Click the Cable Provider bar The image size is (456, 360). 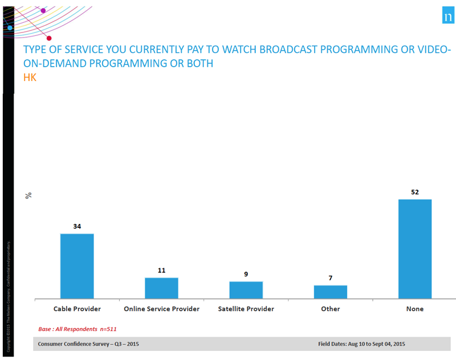pos(77,266)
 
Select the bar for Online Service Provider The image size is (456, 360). pos(161,288)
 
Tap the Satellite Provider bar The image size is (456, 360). pos(246,290)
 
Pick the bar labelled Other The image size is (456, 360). pos(330,292)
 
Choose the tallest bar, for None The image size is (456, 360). pos(414,249)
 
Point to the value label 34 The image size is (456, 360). pos(77,226)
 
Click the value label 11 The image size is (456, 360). pos(161,270)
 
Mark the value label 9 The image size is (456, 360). pos(246,274)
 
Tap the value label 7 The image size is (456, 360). pos(330,278)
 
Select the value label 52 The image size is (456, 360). pos(414,192)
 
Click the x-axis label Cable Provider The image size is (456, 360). pos(77,309)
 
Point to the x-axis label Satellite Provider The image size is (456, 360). pos(246,309)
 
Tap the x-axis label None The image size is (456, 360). pos(414,309)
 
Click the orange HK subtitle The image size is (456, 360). pos(30,77)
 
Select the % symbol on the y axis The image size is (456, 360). pos(28,195)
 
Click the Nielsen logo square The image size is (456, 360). pos(447,17)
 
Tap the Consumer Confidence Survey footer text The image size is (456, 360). pos(88,344)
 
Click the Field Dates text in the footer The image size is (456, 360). pos(362,344)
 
